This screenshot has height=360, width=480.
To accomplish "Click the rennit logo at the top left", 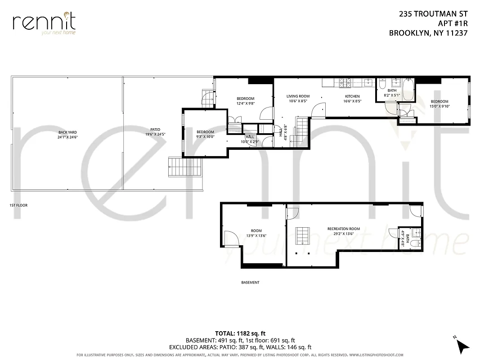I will (x=44, y=23).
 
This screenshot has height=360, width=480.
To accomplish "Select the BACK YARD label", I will (x=67, y=132).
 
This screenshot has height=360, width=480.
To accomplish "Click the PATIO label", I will (x=155, y=130).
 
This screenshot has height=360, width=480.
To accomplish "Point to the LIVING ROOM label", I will (x=298, y=96).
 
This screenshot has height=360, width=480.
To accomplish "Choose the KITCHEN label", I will (x=352, y=96).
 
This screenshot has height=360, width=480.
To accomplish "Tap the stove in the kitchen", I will (x=345, y=83).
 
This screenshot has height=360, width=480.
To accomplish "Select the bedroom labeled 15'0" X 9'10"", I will (x=439, y=104).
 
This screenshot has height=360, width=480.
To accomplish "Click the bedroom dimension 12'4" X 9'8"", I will (x=246, y=103).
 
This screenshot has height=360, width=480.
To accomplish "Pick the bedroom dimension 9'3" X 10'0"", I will (x=205, y=137).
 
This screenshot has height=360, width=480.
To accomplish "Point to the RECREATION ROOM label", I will (x=343, y=229).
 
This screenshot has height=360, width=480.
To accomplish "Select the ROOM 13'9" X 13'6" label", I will (x=256, y=233).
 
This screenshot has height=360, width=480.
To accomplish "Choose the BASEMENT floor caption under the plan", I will (x=250, y=283).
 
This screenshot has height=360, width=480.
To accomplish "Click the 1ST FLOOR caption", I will (x=18, y=205).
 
